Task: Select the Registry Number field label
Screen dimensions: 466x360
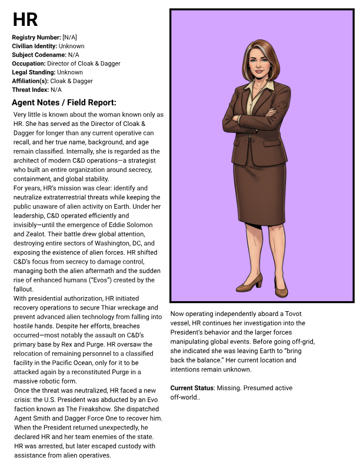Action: click(x=36, y=38)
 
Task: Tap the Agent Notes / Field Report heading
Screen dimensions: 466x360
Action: click(x=64, y=102)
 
